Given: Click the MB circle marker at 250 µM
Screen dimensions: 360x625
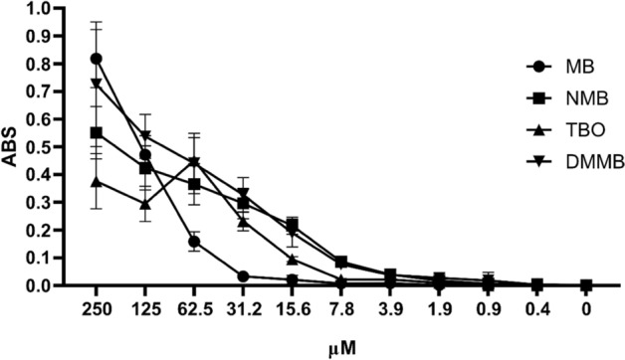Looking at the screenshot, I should (96, 59).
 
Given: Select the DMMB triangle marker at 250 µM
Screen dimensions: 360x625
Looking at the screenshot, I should (96, 84).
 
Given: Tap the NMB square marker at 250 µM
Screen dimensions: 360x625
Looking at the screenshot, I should (96, 132).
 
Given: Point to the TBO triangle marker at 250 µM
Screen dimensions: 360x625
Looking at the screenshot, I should (96, 181).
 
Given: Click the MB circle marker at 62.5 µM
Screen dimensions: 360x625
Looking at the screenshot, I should (194, 241).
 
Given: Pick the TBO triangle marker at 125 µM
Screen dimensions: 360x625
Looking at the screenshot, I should (145, 204).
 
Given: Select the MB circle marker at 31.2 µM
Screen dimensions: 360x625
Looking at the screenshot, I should (243, 275).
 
